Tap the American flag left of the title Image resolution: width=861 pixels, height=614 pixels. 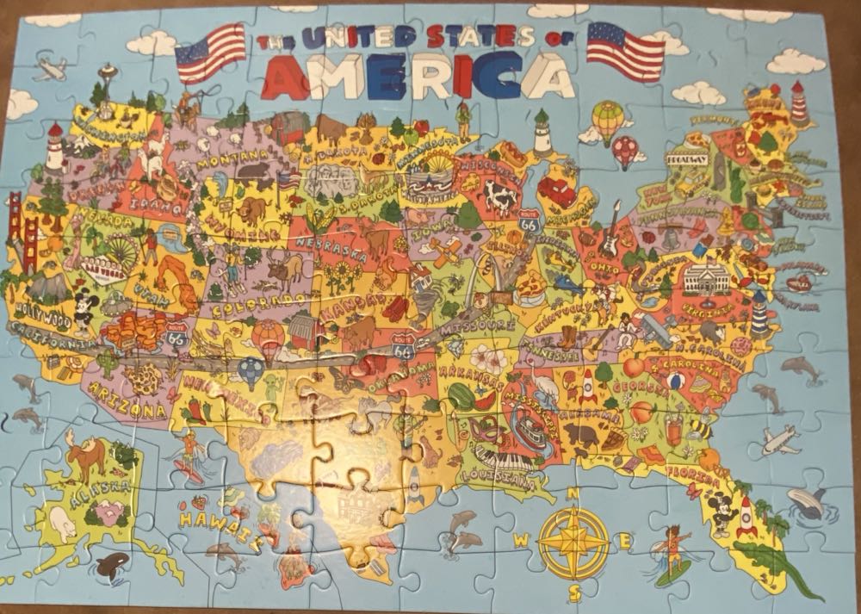click(x=210, y=49)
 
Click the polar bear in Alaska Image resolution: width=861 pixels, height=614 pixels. click(x=62, y=520)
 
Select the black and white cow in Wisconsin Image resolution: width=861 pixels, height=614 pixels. click(x=499, y=197)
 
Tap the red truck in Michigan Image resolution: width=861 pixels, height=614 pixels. click(x=557, y=190)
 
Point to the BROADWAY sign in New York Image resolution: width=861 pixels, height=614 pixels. click(x=685, y=160)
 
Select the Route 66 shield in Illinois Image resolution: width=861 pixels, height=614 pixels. click(x=529, y=222)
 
